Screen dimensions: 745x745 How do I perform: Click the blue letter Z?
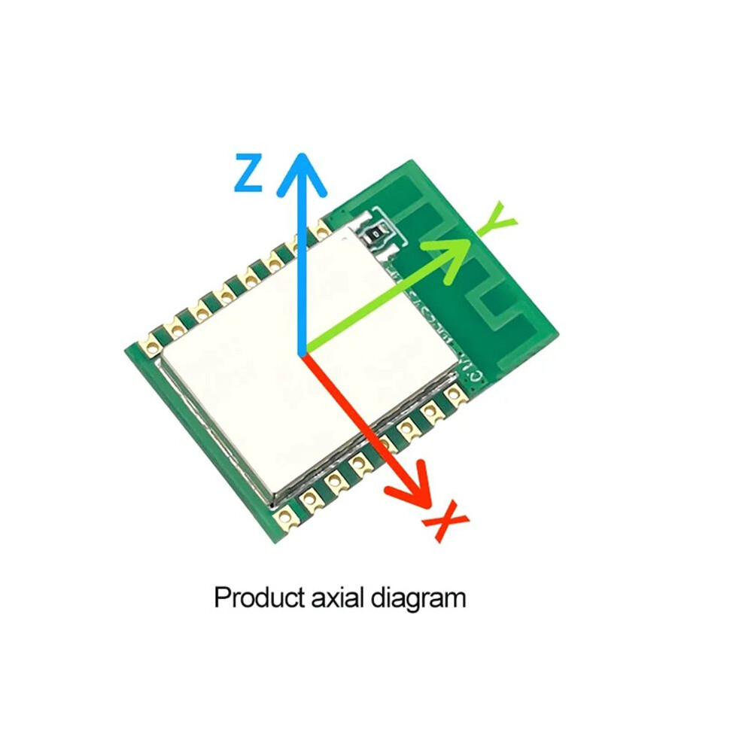(x=248, y=172)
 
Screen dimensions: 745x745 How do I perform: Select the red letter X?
(x=445, y=520)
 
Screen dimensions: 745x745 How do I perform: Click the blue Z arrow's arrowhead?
(x=302, y=173)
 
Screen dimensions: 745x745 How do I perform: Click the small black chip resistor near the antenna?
(x=376, y=233)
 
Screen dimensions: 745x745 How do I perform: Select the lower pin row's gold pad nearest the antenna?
(x=454, y=394)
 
